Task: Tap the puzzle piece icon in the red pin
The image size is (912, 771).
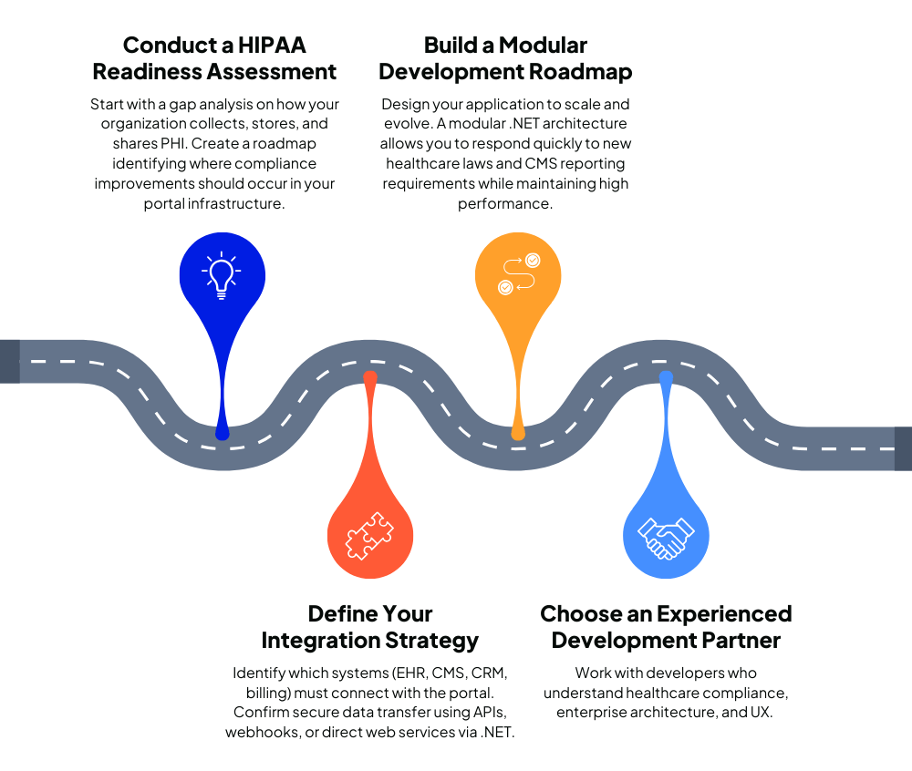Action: pyautogui.click(x=369, y=536)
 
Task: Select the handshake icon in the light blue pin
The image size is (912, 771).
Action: pyautogui.click(x=666, y=537)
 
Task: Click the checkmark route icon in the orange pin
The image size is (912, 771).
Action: pyautogui.click(x=518, y=274)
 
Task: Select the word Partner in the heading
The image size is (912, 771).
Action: pyautogui.click(x=741, y=641)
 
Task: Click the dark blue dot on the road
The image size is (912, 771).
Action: pyautogui.click(x=223, y=434)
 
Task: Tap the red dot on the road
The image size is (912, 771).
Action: pyautogui.click(x=370, y=376)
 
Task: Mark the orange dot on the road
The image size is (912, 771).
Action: pyautogui.click(x=518, y=434)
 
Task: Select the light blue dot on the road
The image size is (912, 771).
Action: pyautogui.click(x=666, y=376)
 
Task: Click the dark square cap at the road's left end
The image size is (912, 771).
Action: pyautogui.click(x=9, y=361)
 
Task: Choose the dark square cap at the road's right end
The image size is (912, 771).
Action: pyautogui.click(x=903, y=448)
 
